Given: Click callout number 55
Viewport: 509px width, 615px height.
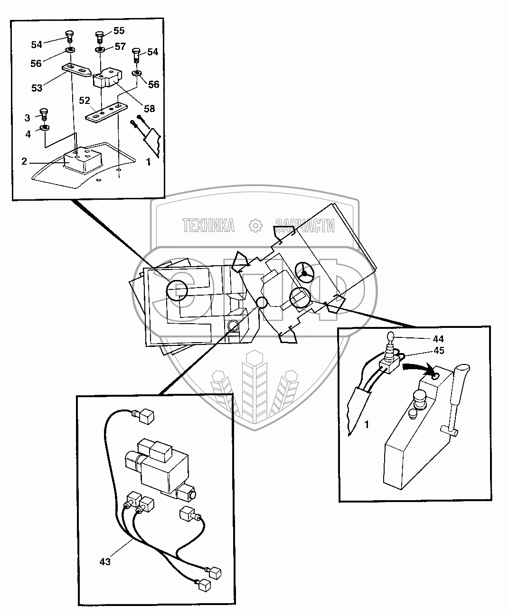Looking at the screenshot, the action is (119, 31).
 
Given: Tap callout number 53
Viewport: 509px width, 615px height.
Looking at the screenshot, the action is (37, 88).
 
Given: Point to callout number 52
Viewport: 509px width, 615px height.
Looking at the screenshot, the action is (85, 101).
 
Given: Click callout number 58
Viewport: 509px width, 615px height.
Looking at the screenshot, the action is (150, 109).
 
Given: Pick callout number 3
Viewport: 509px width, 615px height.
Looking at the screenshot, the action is (28, 117).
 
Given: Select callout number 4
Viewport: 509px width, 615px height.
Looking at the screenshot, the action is (28, 134).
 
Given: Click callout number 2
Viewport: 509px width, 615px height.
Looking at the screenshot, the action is (24, 161).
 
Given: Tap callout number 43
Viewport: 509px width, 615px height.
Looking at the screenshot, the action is (105, 562).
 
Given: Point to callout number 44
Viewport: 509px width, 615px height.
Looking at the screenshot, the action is (438, 339).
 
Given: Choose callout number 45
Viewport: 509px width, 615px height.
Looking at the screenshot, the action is (438, 351).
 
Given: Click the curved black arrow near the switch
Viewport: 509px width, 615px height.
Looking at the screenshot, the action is (418, 366).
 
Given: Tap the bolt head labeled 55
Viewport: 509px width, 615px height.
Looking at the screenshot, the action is (100, 35).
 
